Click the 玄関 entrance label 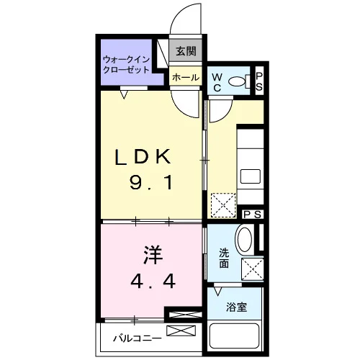click(x=186, y=51)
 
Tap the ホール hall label click(x=186, y=78)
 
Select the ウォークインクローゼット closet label click(x=126, y=65)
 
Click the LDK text click(x=143, y=157)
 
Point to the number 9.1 click(x=151, y=182)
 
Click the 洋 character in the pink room click(x=153, y=254)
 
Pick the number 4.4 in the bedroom click(x=153, y=281)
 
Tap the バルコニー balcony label click(x=138, y=338)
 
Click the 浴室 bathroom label click(x=237, y=307)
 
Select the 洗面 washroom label click(x=224, y=258)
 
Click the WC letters click(x=217, y=83)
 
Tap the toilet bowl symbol click(x=240, y=81)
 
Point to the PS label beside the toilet click(x=259, y=81)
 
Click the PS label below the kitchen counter click(x=252, y=215)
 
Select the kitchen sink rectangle click(x=251, y=176)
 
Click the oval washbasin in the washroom click(x=244, y=240)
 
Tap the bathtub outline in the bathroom click(x=235, y=336)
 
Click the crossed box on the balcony click(x=181, y=330)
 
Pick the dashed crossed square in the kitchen click(x=223, y=205)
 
